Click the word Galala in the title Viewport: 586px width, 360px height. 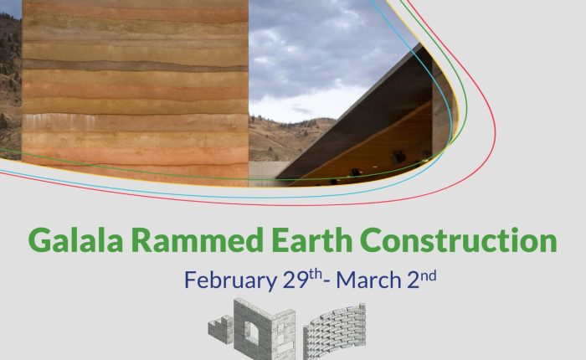[75, 240]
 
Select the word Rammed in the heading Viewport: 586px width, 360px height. [198, 240]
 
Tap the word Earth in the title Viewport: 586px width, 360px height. [311, 240]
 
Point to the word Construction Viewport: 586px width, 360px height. [459, 240]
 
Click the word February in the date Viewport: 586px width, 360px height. [230, 280]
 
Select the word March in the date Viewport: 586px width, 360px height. [368, 280]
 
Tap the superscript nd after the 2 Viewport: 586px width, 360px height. [429, 276]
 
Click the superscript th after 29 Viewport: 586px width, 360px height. [316, 275]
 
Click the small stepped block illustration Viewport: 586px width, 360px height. [220, 329]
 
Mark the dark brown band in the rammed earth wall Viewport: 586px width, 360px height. [135, 65]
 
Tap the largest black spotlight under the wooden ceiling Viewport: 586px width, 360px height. [398, 157]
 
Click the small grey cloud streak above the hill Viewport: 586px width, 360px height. [302, 110]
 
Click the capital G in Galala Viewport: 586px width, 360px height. [39, 240]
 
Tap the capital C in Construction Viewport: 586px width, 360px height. [372, 240]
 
